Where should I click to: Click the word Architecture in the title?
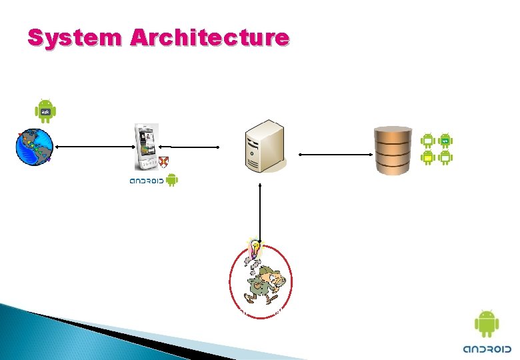click(x=210, y=37)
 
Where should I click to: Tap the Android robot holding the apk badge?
click(x=46, y=111)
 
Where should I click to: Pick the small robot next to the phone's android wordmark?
click(x=171, y=180)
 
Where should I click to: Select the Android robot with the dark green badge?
click(x=445, y=141)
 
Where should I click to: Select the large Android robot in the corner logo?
click(x=487, y=324)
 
